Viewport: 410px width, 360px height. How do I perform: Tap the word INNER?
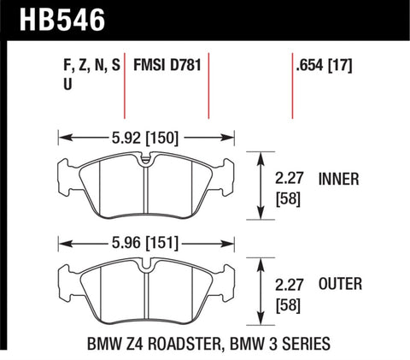click(x=339, y=180)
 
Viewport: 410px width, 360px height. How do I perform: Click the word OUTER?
click(x=339, y=284)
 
